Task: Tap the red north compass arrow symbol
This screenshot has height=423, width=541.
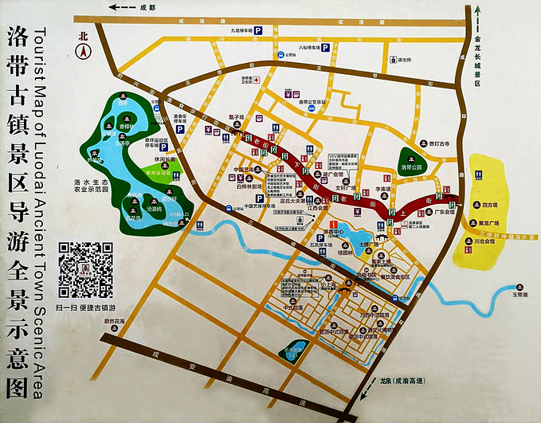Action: [83, 50]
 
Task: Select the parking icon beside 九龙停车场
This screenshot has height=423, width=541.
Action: [279, 30]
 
